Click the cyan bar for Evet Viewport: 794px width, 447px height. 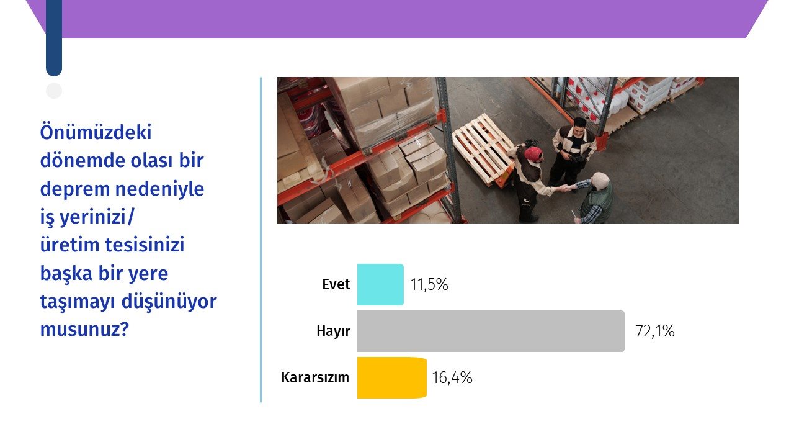(x=380, y=284)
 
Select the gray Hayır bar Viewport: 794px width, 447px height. (x=491, y=332)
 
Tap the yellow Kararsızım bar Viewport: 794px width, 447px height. (x=392, y=378)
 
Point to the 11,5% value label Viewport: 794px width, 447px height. (x=429, y=284)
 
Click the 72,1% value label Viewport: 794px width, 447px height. (x=655, y=331)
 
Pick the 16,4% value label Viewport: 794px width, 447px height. (x=452, y=377)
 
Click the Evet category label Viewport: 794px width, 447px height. (x=336, y=284)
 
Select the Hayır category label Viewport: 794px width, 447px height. (x=334, y=332)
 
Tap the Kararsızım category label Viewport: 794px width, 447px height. (x=315, y=377)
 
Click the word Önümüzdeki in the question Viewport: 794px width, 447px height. (x=96, y=132)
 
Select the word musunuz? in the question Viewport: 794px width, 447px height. (x=84, y=330)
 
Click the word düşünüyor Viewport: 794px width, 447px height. (x=169, y=302)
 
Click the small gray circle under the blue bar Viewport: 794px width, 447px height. (x=54, y=91)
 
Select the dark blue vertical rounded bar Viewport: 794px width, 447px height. (x=54, y=37)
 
